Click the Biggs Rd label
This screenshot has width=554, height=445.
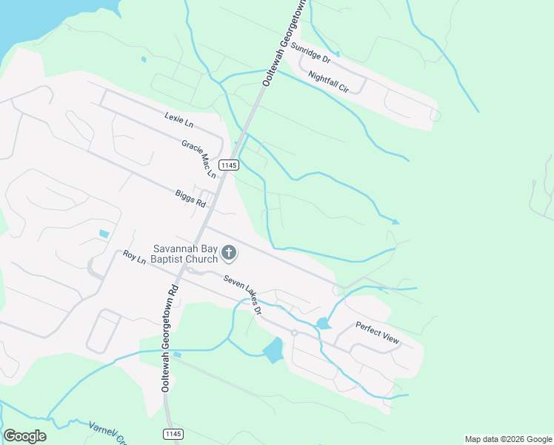coord(191,197)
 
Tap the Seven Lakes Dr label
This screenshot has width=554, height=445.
coord(243,294)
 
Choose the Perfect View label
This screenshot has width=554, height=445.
coord(377,332)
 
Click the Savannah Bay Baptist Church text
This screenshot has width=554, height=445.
coord(185,254)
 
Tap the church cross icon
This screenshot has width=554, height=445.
coord(229,254)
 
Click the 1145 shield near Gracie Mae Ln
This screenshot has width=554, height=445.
coord(229,165)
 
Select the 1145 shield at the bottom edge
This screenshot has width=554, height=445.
coord(172,433)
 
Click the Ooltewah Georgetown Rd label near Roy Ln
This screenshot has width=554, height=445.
coord(169,337)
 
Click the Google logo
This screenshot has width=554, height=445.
coord(24,435)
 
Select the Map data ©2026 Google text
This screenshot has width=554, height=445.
coord(507,439)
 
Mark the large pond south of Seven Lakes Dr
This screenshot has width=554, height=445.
coord(273,349)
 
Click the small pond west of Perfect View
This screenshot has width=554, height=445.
coord(323,323)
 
